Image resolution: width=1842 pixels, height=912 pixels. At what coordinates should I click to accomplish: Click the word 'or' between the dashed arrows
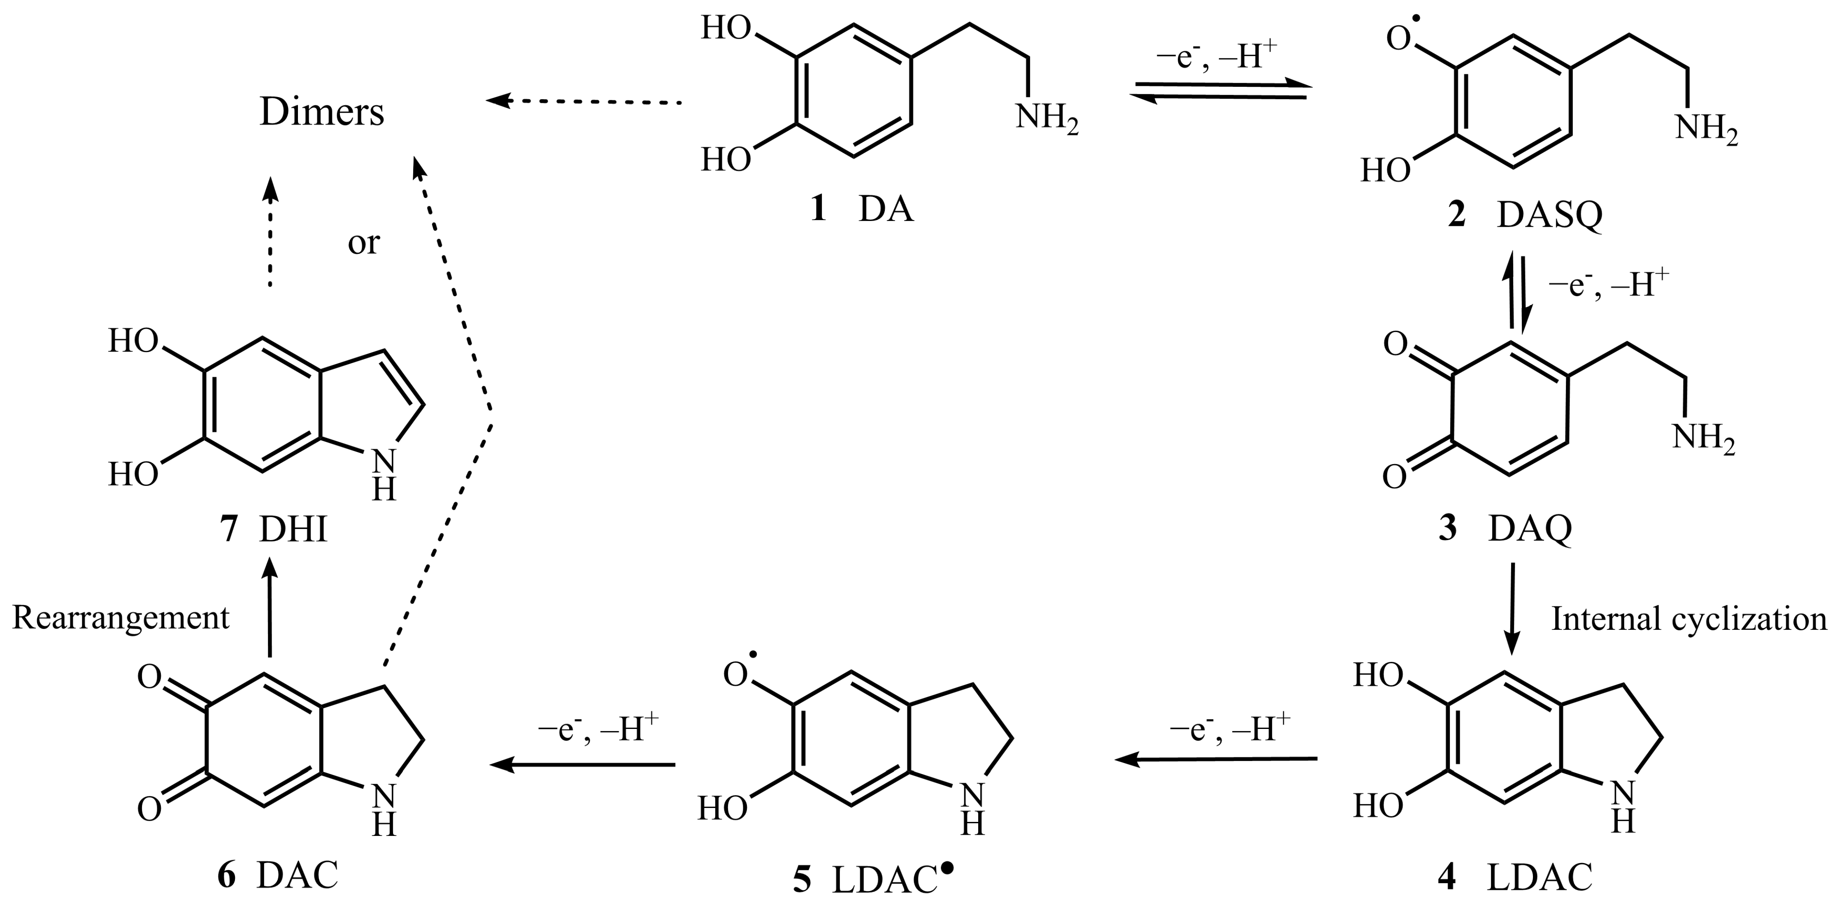pyautogui.click(x=363, y=244)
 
